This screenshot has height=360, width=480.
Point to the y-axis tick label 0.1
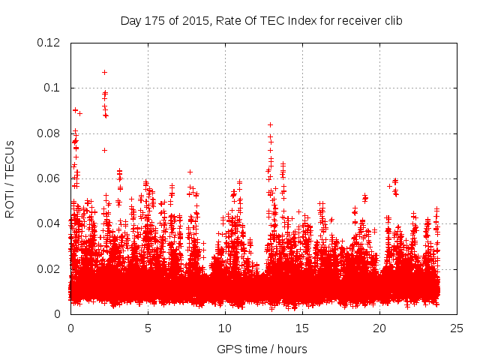coord(53,88)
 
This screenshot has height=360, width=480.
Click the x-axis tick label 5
coord(148,328)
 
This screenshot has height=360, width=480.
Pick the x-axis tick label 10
coord(225,328)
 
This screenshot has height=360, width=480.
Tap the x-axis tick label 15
coord(302,328)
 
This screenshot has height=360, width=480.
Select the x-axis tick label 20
coord(379,328)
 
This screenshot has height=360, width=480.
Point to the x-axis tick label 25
coord(457,328)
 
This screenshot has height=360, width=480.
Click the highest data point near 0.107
coord(104,73)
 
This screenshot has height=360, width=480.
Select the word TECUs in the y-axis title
coord(10,160)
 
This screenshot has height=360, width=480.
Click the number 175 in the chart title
coord(156,20)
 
